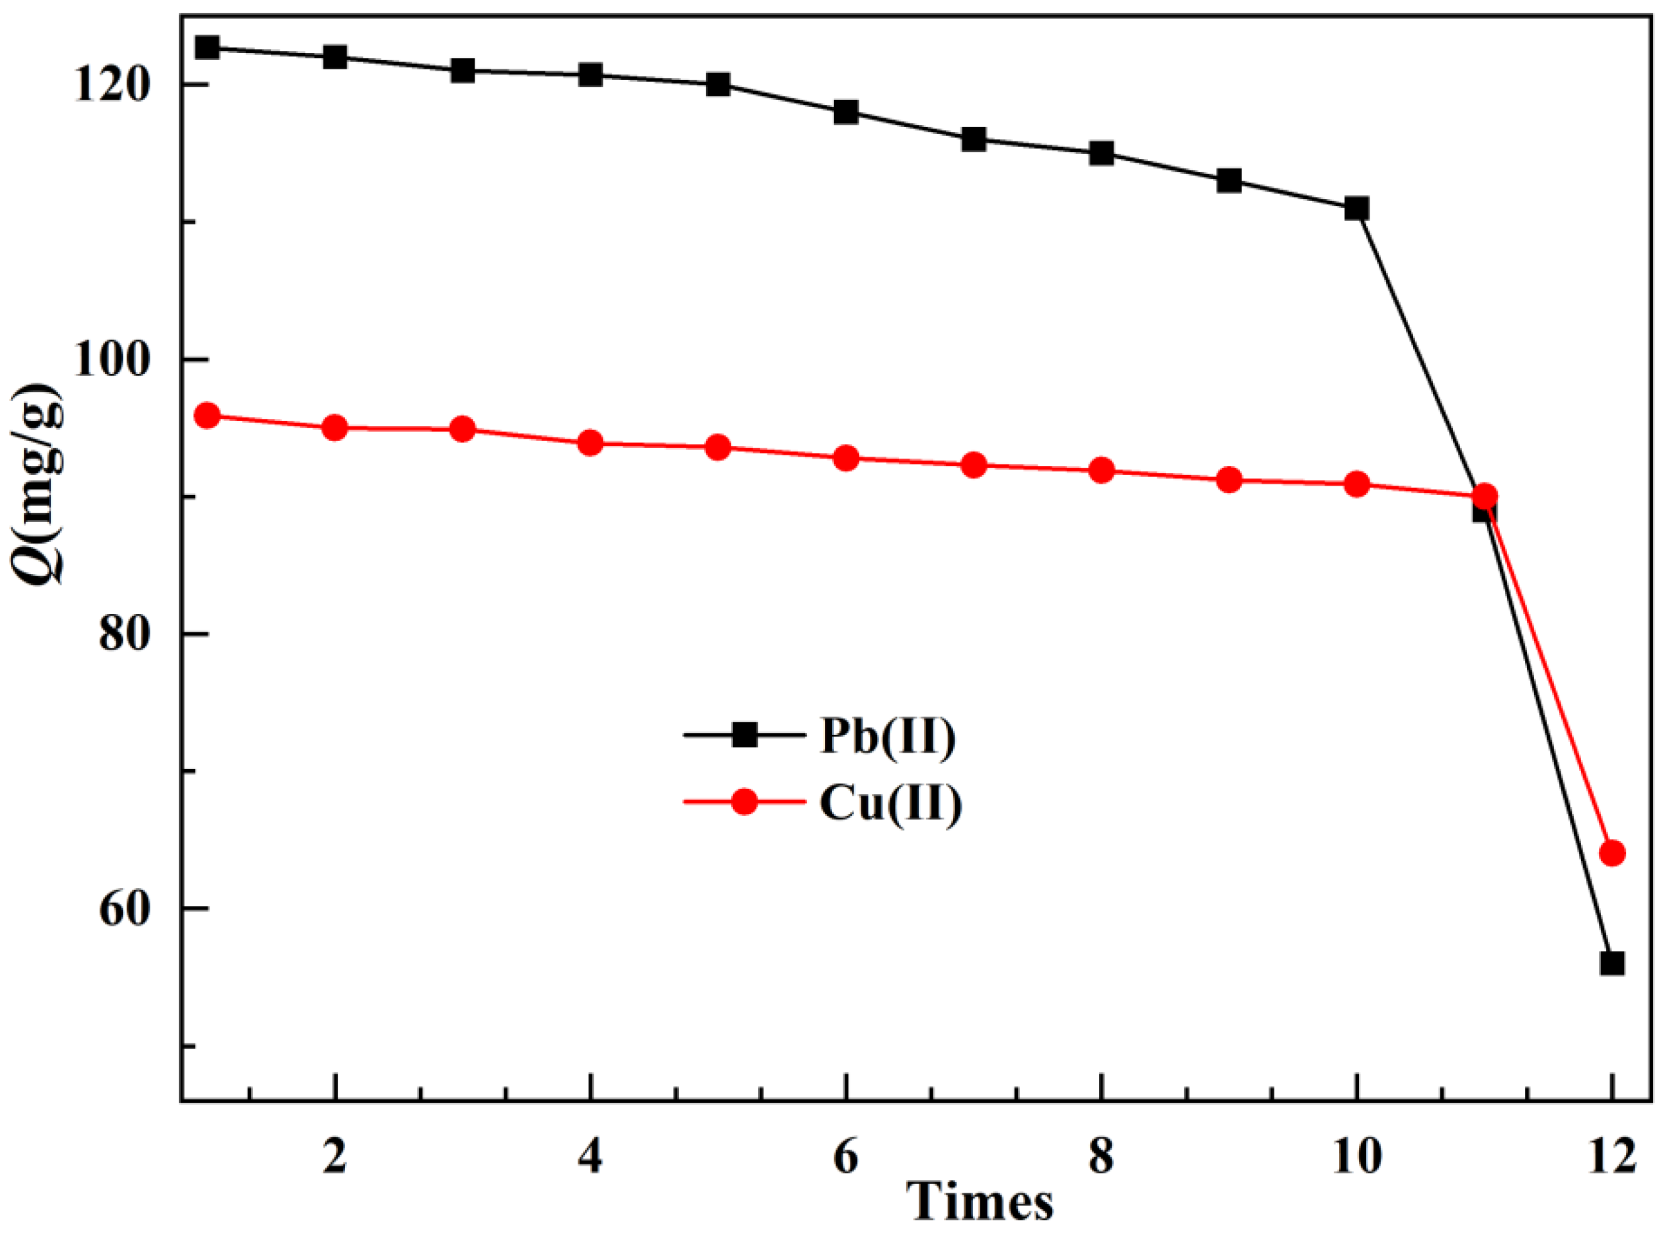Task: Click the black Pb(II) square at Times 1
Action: (207, 48)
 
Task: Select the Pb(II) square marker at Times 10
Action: (1356, 208)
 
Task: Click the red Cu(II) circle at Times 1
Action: (207, 416)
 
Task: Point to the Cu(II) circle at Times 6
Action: (845, 459)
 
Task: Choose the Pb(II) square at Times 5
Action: (718, 85)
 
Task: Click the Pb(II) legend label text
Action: (888, 737)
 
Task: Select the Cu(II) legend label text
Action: (890, 804)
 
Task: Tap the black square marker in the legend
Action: (744, 735)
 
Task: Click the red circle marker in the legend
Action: (744, 802)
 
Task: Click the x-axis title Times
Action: (980, 1203)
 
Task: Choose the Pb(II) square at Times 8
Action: (1101, 153)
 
